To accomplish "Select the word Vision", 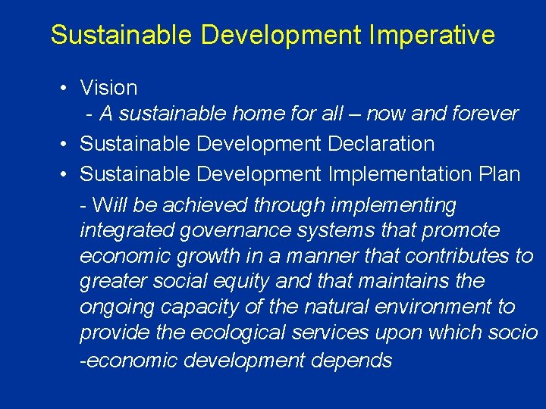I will pos(108,89).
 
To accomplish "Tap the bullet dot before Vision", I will pos(65,89).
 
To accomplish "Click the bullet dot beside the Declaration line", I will pos(65,144).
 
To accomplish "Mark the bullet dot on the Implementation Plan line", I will pos(65,174).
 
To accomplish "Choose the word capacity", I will pos(199,308).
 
